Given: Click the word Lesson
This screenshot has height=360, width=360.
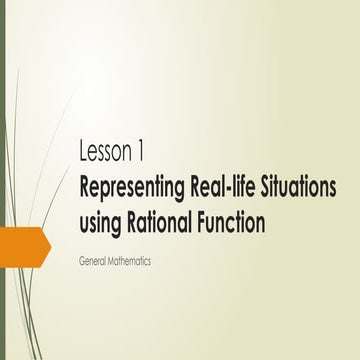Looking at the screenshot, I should tap(108, 153).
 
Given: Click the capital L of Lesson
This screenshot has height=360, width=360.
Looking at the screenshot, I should tap(83, 153).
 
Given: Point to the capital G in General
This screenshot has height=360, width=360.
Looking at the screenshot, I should tap(80, 260).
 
